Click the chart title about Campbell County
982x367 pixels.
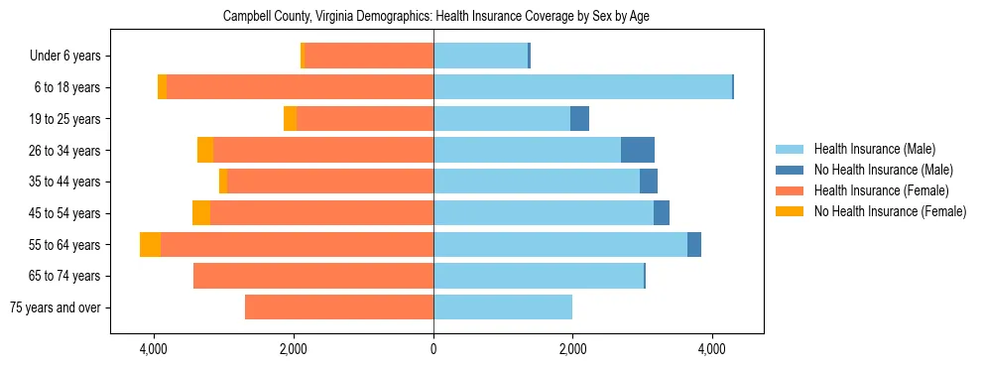coord(436,17)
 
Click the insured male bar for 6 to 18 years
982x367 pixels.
coord(582,87)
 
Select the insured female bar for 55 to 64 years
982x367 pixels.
coord(297,245)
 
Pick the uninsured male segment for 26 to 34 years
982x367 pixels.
coord(638,151)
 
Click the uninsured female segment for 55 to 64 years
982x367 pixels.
coord(150,245)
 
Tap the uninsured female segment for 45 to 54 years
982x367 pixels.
coord(201,213)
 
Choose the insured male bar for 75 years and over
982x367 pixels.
coord(503,307)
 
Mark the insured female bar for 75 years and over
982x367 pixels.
coord(339,307)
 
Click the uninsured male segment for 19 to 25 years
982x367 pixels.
coord(579,119)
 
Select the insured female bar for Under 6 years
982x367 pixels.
coord(369,57)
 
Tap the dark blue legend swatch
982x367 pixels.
coord(791,170)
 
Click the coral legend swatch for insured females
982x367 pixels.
coord(791,190)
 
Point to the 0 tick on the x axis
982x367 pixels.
coord(433,349)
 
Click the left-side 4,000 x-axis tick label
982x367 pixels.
coord(154,349)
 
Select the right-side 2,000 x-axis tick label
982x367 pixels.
coord(572,349)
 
